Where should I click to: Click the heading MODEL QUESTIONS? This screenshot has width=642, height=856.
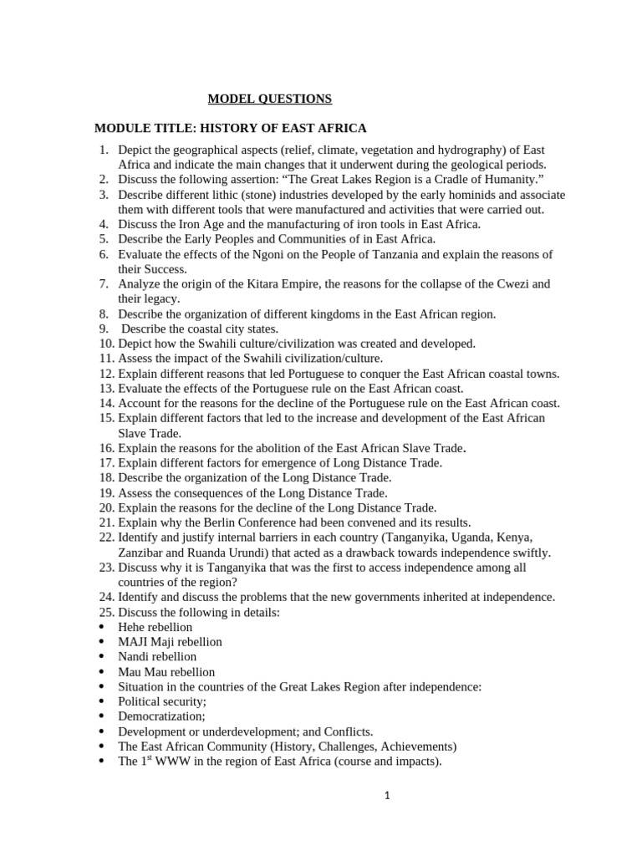point(269,99)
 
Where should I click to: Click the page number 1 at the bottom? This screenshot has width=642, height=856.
point(387,796)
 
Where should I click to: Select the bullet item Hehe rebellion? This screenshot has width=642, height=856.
point(155,627)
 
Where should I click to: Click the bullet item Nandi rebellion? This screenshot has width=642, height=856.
point(157,657)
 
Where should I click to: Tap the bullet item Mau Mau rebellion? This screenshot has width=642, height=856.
point(166,672)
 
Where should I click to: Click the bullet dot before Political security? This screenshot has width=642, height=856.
point(101,702)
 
